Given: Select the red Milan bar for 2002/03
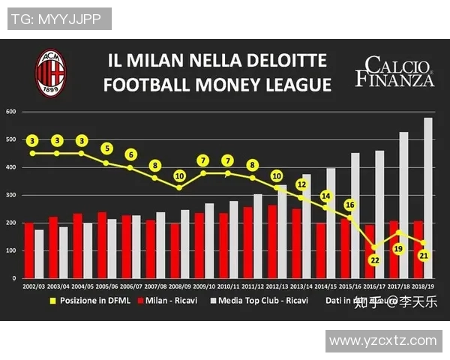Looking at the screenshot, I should coord(28,250).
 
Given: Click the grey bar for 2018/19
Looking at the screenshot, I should coord(428,198).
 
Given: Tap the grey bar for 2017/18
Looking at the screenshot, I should coord(403,205).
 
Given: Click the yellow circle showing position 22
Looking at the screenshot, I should coord(374,259).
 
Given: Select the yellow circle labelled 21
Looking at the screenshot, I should coord(423,256).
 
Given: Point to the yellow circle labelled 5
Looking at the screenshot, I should coord(107,148).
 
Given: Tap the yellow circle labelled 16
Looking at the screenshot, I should coord(349,205).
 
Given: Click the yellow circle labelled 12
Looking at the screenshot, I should coord(301,184).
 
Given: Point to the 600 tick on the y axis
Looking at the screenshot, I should coord(11,112).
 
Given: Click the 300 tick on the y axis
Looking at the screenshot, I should coord(11,196).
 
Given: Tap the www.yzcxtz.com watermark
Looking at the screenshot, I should coord(382,340).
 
